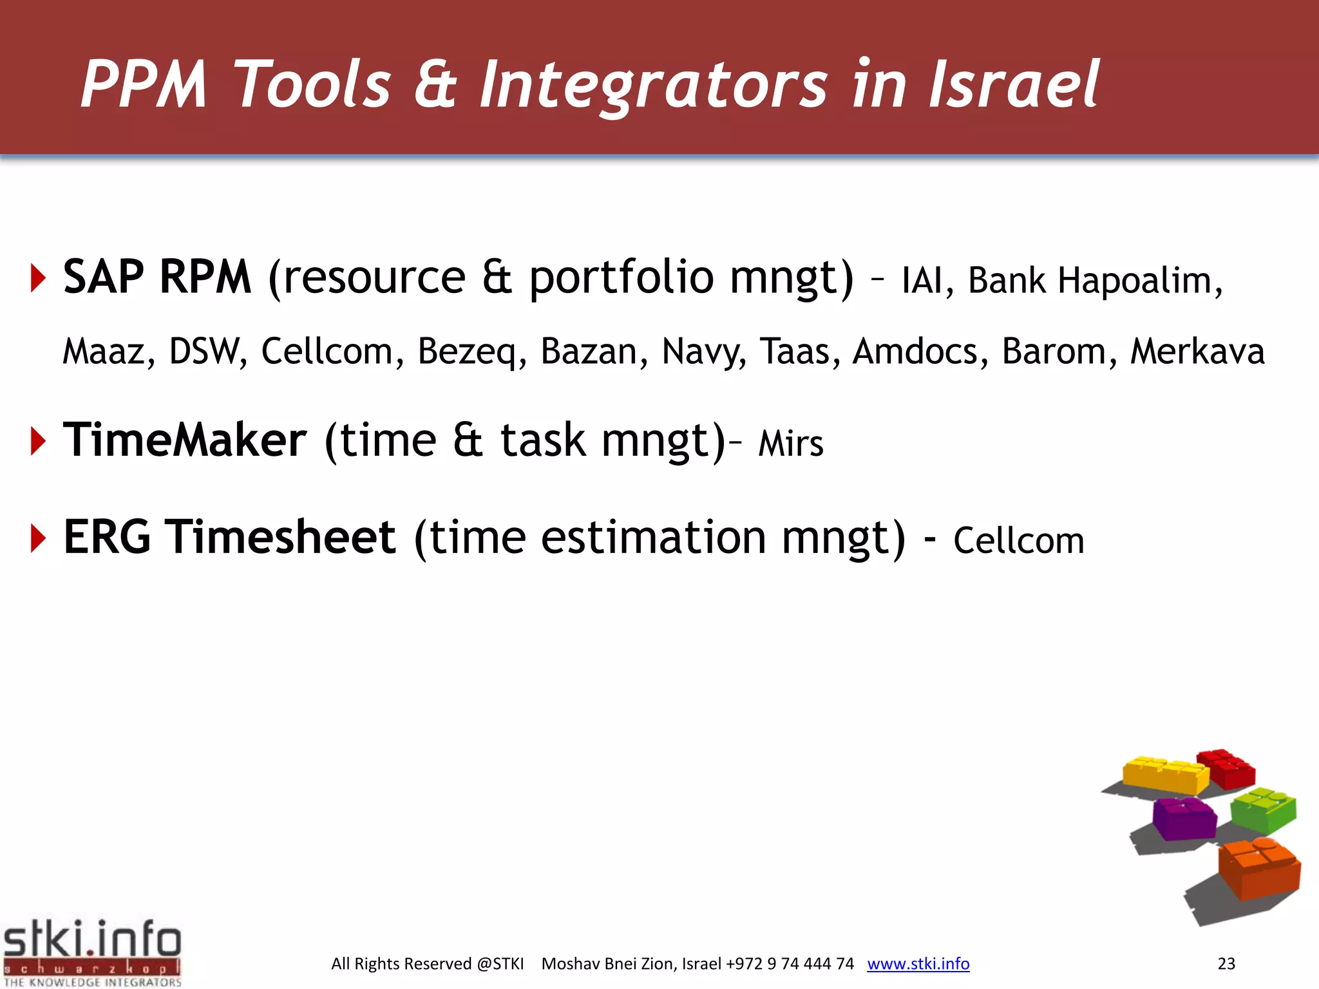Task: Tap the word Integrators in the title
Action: coord(653,84)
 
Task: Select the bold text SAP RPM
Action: coord(157,278)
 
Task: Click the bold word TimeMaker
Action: coord(185,440)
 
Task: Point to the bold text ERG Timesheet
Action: coord(229,538)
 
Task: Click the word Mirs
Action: coord(790,444)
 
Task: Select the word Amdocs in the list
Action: coord(915,352)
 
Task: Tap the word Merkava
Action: coord(1197,352)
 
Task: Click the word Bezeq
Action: coord(468,352)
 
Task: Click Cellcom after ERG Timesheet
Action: coord(1018,541)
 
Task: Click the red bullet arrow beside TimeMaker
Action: coord(39,442)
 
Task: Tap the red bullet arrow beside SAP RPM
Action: coord(39,279)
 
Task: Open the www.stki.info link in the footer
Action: coord(918,964)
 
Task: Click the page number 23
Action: coord(1226,964)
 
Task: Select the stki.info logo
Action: coord(92,952)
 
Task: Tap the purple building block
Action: coord(1184,818)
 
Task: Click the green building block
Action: coord(1263,809)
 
